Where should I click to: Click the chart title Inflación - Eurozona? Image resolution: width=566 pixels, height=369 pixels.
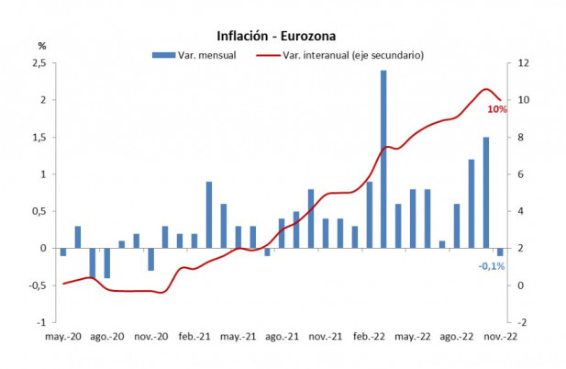point(276,37)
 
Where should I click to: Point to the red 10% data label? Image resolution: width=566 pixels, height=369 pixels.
point(497,109)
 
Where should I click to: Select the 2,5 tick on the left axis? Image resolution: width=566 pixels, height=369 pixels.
point(39,62)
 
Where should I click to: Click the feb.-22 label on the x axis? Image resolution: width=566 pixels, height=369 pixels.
point(369,336)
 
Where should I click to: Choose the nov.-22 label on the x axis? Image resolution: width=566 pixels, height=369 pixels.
point(500,336)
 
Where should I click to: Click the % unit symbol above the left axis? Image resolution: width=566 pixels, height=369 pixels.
point(41,45)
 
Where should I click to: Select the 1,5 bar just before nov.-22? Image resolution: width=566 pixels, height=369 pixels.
point(486,193)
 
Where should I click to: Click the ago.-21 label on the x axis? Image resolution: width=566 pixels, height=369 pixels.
point(281,336)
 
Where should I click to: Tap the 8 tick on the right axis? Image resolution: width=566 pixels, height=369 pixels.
point(520,137)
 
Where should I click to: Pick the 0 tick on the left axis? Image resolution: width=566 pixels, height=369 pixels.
point(43,248)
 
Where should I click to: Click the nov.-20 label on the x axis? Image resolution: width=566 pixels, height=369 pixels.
point(150,336)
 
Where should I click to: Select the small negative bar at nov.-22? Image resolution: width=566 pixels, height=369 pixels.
point(500,252)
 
